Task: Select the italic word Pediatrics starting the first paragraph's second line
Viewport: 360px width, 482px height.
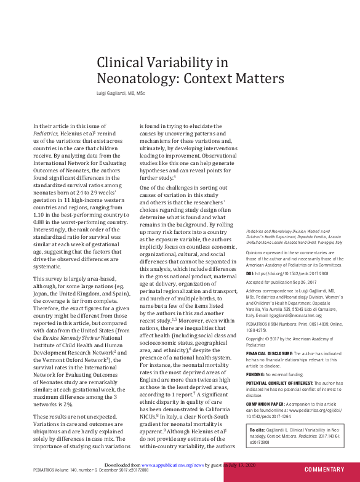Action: (47, 132)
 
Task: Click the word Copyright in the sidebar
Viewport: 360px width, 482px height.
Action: (257, 338)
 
